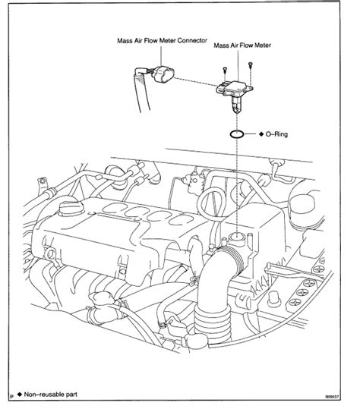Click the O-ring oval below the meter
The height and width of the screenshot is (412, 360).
pos(236,134)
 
